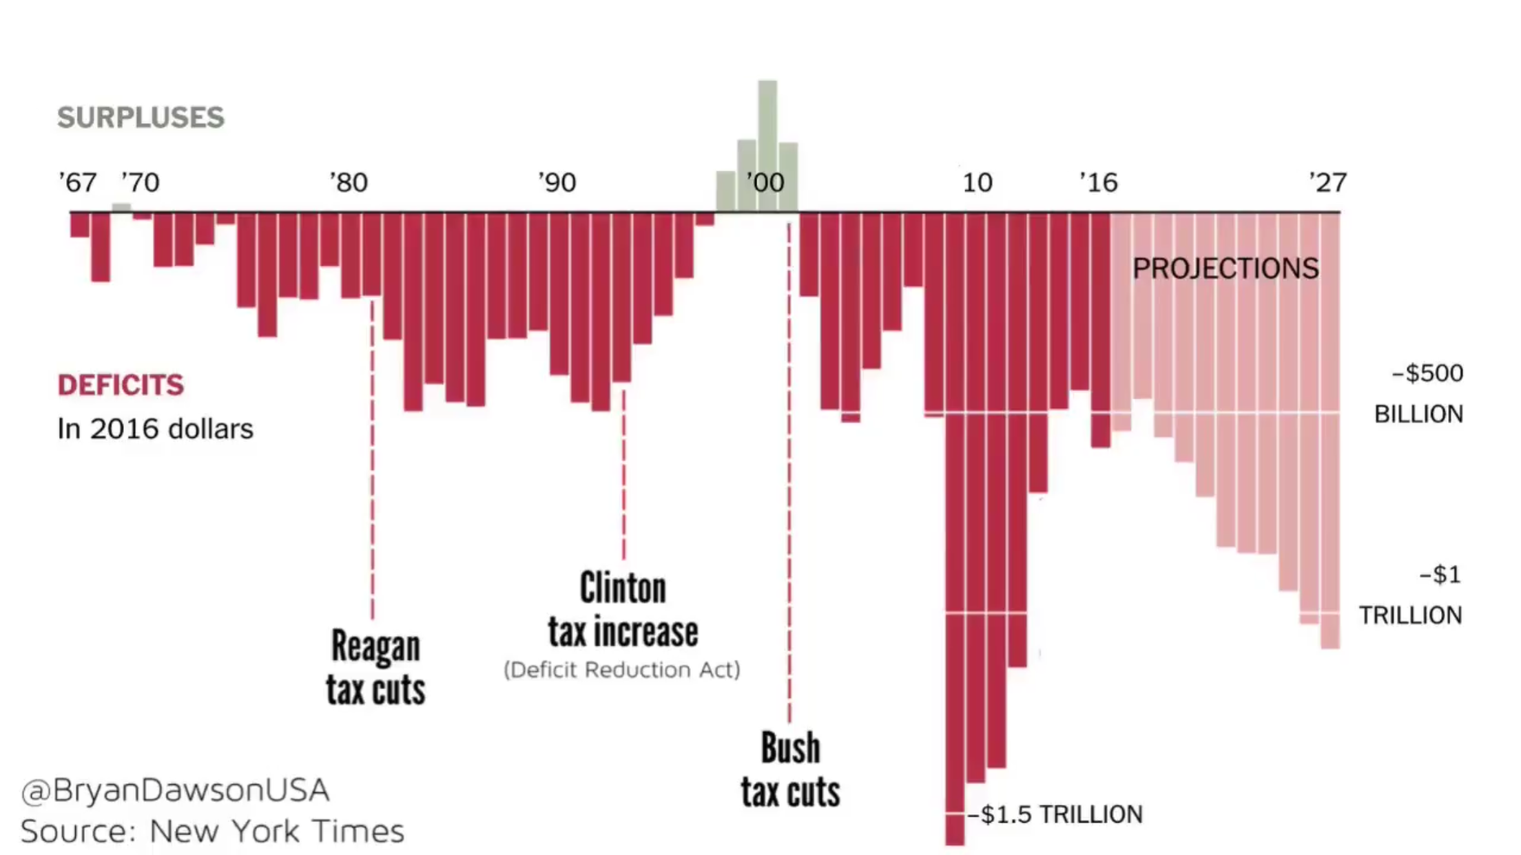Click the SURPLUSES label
[x=141, y=118]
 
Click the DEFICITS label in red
[x=121, y=385]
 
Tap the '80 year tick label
[x=349, y=183]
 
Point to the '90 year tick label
[x=557, y=183]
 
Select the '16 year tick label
[x=1098, y=183]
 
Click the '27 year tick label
[x=1327, y=183]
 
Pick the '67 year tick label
[x=77, y=183]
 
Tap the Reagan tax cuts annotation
[x=375, y=668]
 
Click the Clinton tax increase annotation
[x=623, y=610]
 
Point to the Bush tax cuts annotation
[x=790, y=770]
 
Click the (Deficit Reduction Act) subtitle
[x=621, y=670]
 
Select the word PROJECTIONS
[x=1225, y=268]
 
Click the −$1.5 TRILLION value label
[x=1055, y=814]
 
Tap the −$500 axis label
[x=1427, y=374]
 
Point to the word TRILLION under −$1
[x=1410, y=615]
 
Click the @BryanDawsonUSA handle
[x=175, y=790]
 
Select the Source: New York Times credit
[x=212, y=832]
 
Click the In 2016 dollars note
[x=155, y=429]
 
